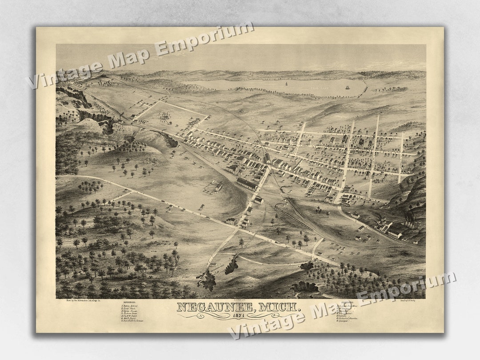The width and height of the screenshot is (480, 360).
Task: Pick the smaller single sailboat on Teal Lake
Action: [x=286, y=83]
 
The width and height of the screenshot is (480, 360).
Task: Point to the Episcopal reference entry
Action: [x=345, y=320]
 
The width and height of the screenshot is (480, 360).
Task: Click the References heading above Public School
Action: [x=129, y=304]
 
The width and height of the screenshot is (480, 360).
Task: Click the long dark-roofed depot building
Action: [x=247, y=184]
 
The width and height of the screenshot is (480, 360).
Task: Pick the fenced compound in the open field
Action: [x=213, y=187]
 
